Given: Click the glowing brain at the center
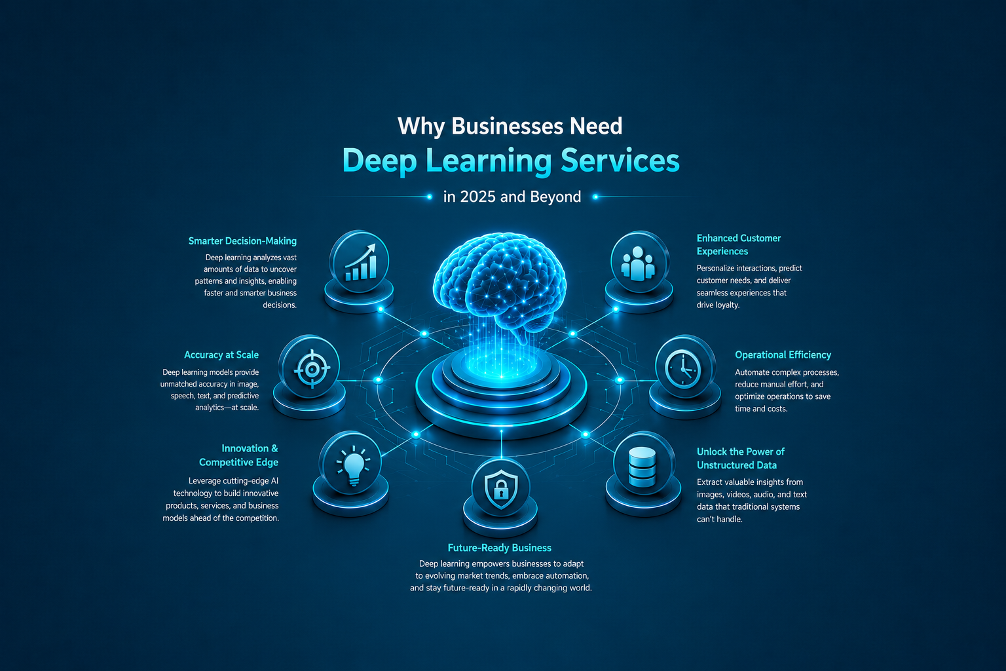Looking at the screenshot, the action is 500,283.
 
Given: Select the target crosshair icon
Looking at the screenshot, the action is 312,370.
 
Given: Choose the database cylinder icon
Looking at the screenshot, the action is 643,467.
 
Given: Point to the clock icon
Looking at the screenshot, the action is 682,370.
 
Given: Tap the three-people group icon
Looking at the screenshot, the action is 638,264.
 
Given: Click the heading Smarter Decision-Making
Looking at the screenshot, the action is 242,241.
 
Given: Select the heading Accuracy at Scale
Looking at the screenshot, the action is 221,355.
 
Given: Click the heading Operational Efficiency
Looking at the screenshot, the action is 783,355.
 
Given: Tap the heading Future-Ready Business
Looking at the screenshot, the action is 500,548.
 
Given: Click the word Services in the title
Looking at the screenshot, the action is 620,161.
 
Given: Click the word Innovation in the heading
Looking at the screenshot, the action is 245,448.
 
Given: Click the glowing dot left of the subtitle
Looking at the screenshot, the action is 430,197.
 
